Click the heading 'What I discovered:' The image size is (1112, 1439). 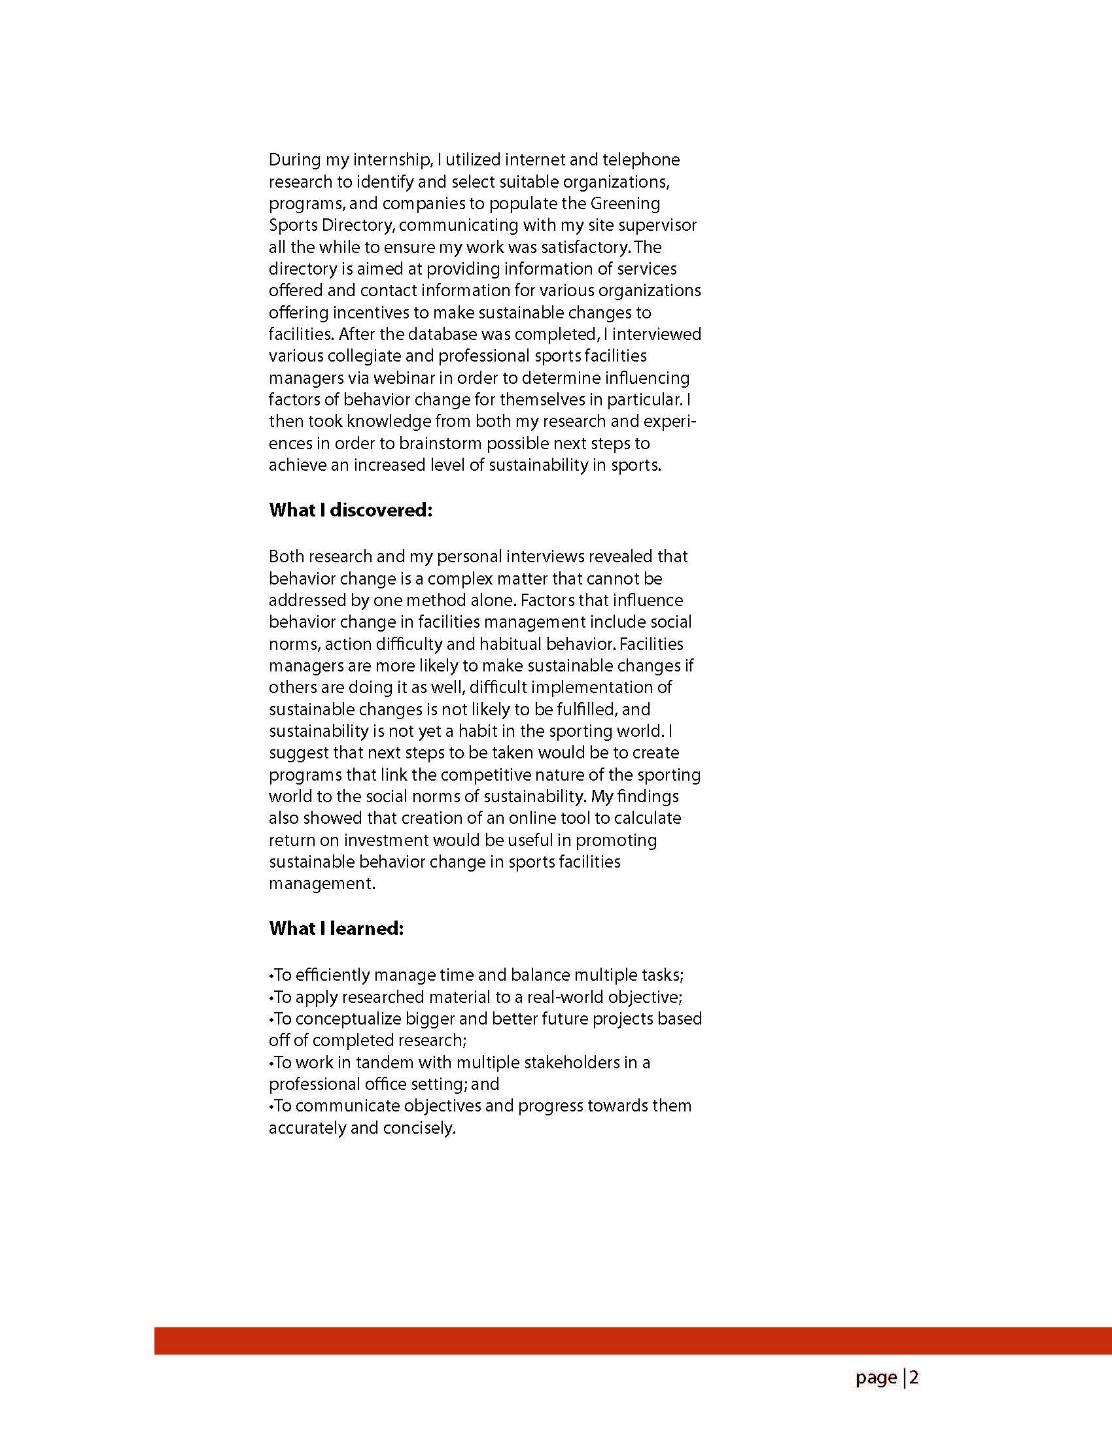tap(350, 511)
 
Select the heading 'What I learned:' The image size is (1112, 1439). tap(336, 929)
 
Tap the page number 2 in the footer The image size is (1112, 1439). tap(914, 1377)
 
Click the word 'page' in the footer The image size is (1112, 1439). tap(876, 1378)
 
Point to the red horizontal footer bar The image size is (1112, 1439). tap(633, 1341)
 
